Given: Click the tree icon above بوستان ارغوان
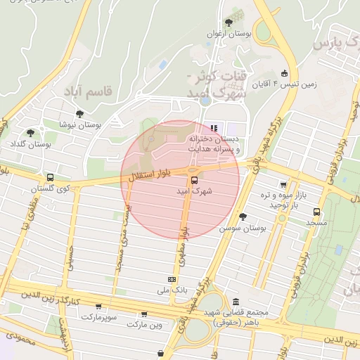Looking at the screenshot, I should click(229, 22).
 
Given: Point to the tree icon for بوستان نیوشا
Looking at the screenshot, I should click(79, 113).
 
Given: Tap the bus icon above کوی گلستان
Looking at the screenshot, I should click(50, 178).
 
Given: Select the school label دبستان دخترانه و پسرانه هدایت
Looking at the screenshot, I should click(213, 144).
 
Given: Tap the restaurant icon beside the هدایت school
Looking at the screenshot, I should click(214, 127).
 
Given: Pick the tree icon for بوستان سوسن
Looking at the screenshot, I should click(243, 217).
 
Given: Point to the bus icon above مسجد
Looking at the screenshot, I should click(316, 211).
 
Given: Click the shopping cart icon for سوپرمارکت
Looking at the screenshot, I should click(98, 307).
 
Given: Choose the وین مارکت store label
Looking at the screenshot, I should click(145, 325).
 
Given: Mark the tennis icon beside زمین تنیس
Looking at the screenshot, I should click(284, 72).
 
